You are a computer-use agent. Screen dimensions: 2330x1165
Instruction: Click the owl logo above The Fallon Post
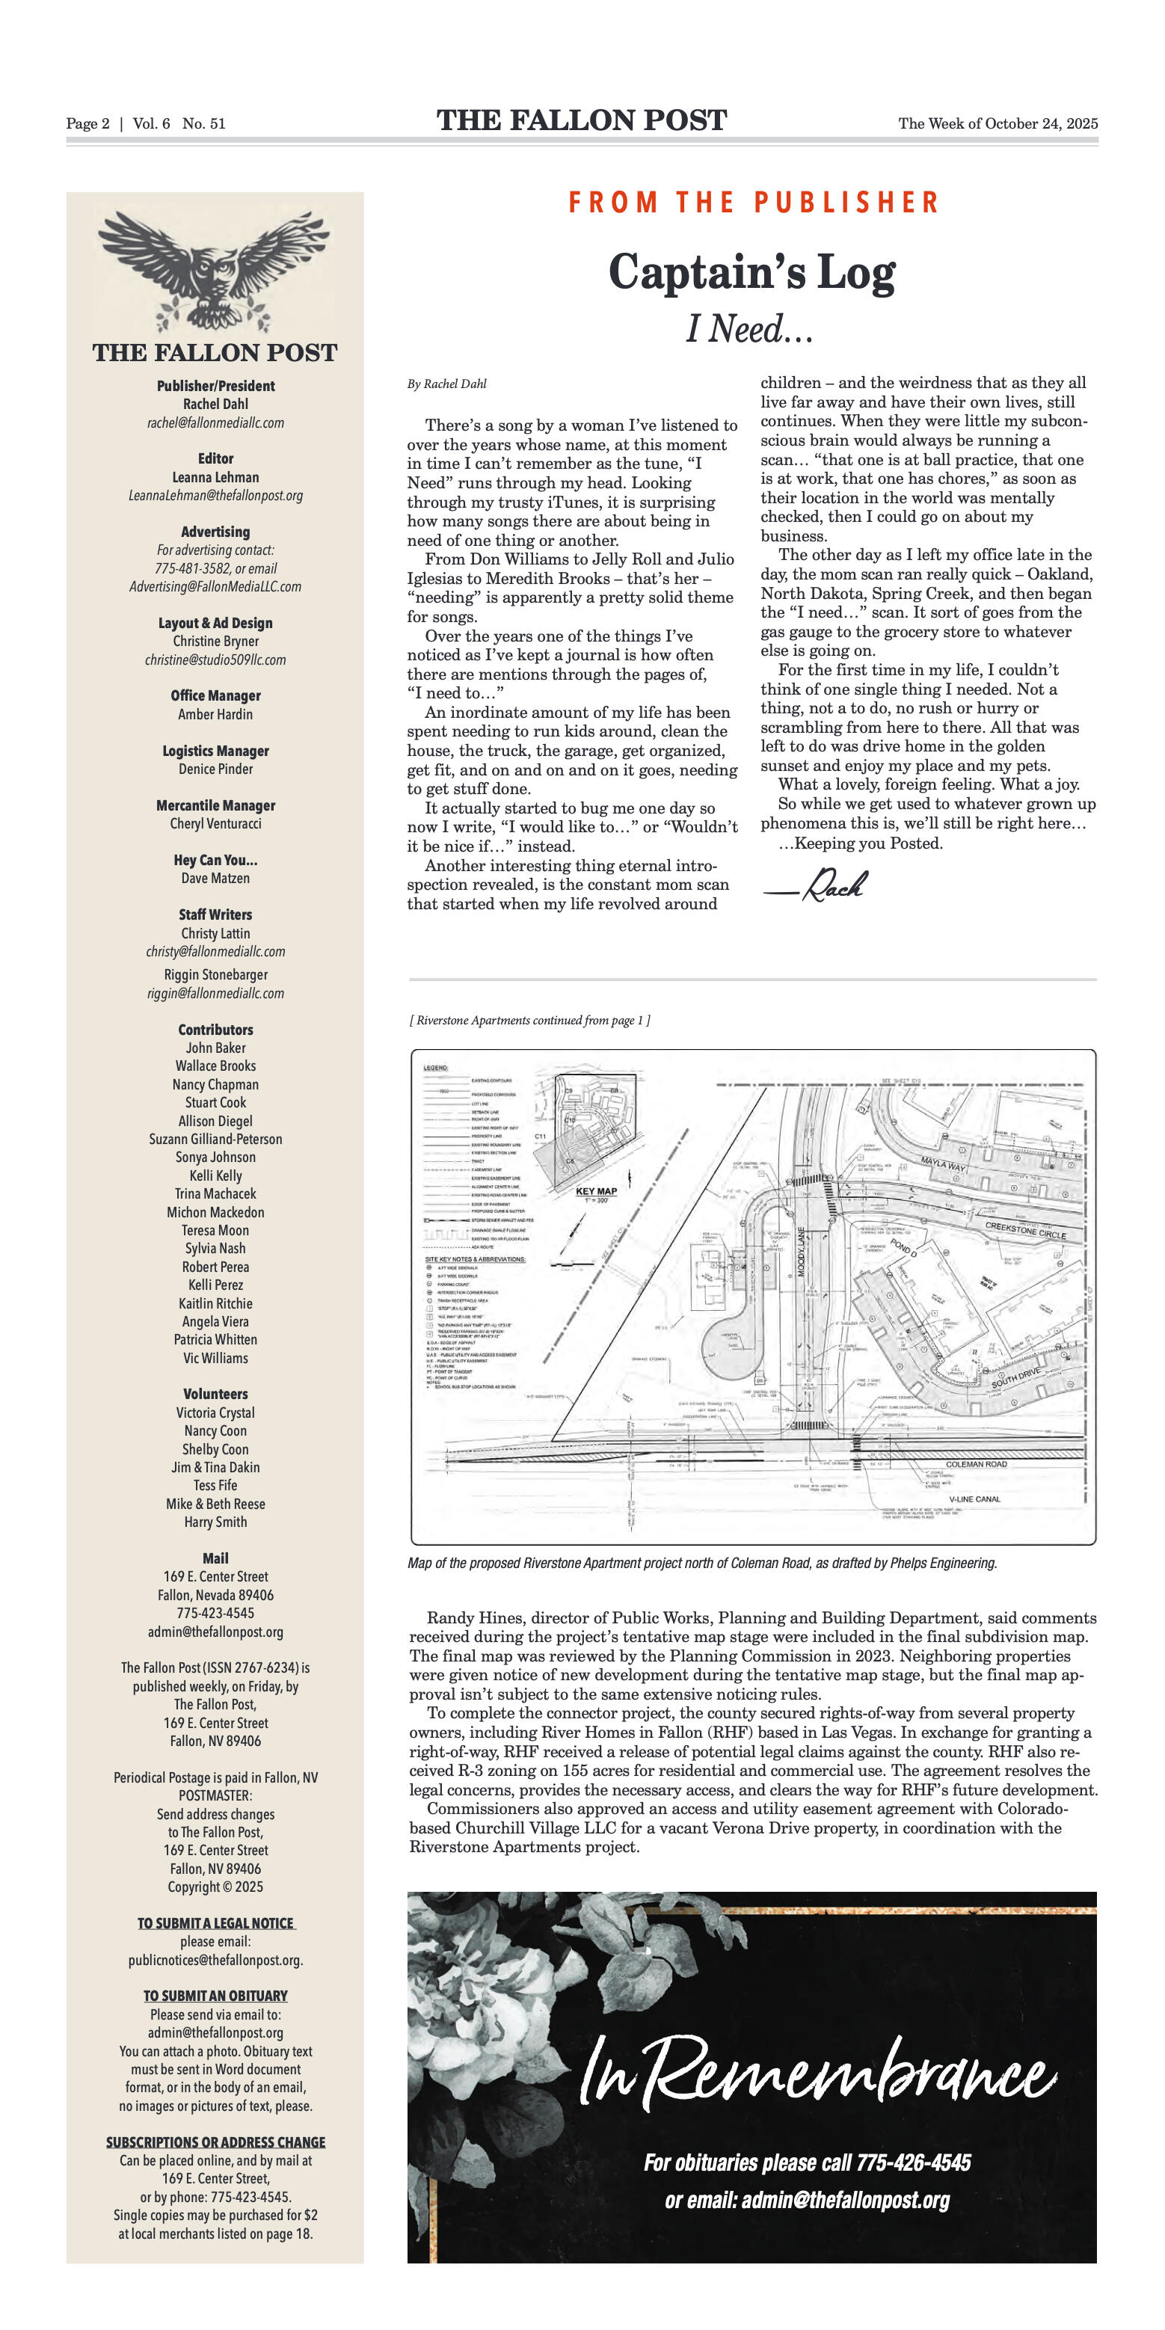click(x=215, y=271)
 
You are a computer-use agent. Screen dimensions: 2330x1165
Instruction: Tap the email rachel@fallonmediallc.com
click(x=215, y=422)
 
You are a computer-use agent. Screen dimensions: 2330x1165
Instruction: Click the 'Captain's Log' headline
click(x=751, y=272)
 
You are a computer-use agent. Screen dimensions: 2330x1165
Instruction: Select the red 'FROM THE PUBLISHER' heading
click(x=754, y=202)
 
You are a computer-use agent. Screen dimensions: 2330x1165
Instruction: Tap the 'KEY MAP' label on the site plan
click(x=596, y=1190)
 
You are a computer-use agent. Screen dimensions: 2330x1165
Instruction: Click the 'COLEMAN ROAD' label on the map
click(x=976, y=1463)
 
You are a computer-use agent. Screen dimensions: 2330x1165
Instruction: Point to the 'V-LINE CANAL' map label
click(x=974, y=1498)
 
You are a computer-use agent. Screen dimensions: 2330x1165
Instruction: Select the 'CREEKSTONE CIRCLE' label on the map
click(x=1026, y=1230)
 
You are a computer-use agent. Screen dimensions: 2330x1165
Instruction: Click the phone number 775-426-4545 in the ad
click(x=913, y=2163)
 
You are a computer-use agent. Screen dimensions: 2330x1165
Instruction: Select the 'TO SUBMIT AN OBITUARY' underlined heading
click(x=215, y=1995)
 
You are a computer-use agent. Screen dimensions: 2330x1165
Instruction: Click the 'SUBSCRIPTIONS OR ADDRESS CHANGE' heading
click(x=215, y=2142)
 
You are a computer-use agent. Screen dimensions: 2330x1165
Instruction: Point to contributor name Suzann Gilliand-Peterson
click(x=215, y=1139)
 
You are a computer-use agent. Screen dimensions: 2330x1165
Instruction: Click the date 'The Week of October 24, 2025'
click(x=998, y=124)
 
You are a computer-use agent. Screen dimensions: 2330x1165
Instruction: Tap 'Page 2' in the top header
click(x=87, y=124)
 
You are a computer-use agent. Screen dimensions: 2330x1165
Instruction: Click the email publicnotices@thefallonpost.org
click(x=215, y=1960)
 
